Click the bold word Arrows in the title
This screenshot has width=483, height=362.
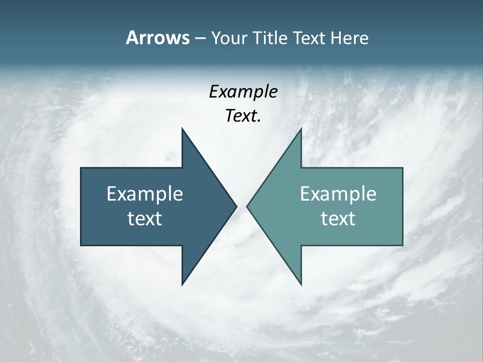(157, 38)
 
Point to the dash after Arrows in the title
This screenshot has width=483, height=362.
(200, 39)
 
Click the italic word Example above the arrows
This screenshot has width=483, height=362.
(243, 92)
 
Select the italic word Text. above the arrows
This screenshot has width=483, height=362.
(243, 116)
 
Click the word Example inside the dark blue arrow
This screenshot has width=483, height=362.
(145, 194)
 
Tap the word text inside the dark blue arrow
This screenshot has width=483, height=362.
(145, 219)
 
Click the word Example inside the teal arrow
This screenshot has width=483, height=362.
(338, 194)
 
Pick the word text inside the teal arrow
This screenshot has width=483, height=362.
(338, 219)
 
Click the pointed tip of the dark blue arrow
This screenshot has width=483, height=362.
(236, 206)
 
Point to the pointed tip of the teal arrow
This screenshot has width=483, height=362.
(248, 206)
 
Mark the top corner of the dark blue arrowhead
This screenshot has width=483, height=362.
(182, 129)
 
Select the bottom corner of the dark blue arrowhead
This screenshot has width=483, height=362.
(182, 285)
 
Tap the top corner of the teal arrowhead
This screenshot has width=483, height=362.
(301, 129)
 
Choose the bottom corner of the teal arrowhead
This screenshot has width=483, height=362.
(301, 285)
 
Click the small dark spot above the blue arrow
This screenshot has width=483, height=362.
(169, 158)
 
